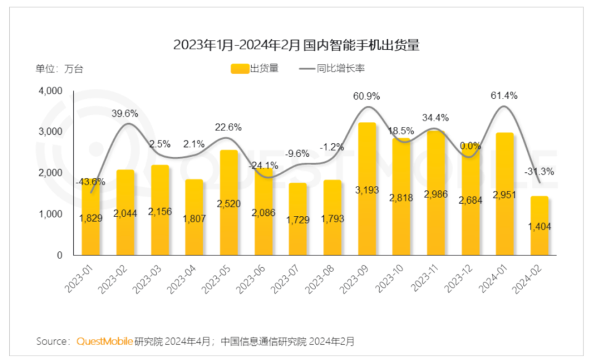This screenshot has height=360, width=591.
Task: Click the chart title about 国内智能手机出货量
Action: pos(295,45)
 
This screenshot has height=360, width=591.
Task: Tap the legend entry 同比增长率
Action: pos(332,68)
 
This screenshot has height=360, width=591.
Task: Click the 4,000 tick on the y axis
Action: pos(51,91)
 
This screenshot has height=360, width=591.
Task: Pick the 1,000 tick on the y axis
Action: pos(51,214)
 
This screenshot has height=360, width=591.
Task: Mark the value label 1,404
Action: pos(540,226)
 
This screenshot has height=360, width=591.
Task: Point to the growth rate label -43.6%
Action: pos(90,182)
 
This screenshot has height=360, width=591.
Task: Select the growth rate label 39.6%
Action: pos(125,113)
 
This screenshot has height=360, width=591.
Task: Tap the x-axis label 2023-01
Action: pos(82,274)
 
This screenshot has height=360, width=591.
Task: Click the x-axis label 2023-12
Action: pos(461,274)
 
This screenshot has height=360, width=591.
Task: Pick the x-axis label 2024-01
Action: pos(496,274)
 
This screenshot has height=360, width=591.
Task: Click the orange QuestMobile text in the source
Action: pos(105,340)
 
